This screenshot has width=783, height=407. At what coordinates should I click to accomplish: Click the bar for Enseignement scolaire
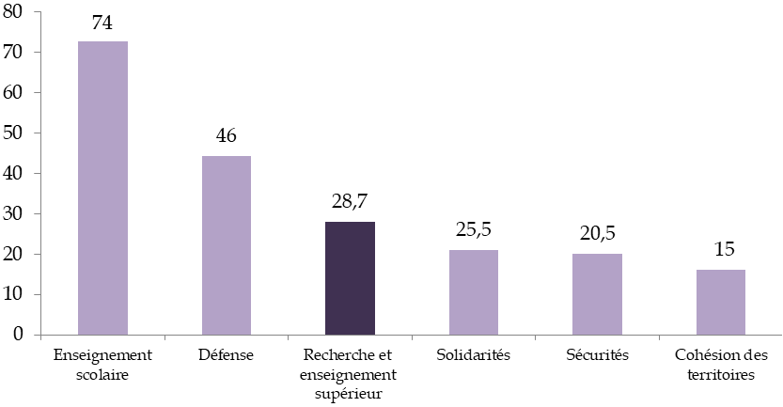click(x=102, y=188)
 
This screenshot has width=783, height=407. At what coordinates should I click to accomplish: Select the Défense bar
click(x=227, y=244)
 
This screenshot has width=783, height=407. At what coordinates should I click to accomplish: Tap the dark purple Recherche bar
click(x=350, y=278)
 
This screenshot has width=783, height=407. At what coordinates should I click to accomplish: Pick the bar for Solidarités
click(x=474, y=291)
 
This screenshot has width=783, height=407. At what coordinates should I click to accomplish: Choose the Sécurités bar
click(x=597, y=293)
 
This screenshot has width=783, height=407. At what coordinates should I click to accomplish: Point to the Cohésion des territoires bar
click(x=721, y=302)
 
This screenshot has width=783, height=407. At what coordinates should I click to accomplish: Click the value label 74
click(x=102, y=23)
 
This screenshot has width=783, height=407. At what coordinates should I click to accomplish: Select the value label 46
click(x=227, y=136)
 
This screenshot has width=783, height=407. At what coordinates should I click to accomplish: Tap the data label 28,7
click(x=350, y=203)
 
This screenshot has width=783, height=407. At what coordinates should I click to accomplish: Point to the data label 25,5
click(x=474, y=228)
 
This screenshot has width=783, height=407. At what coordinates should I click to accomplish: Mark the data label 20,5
click(x=597, y=234)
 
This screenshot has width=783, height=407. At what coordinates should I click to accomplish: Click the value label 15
click(x=721, y=250)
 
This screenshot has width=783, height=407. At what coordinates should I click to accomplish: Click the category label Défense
click(x=227, y=356)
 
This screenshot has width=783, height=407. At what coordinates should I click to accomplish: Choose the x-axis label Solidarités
click(x=474, y=356)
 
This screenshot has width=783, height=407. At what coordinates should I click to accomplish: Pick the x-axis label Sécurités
click(x=597, y=356)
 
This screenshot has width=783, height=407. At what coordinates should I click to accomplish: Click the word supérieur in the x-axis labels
click(x=350, y=394)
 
